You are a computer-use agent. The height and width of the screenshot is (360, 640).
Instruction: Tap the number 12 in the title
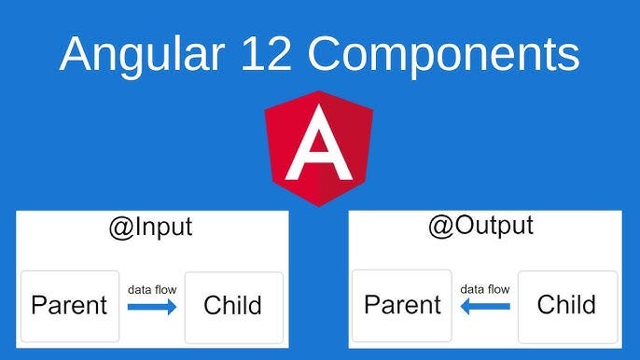click(x=266, y=54)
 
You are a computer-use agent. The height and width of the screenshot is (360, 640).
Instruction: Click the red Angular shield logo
click(x=319, y=148)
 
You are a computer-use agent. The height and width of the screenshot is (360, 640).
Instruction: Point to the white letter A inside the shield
click(x=319, y=143)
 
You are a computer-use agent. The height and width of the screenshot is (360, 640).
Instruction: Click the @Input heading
click(x=150, y=228)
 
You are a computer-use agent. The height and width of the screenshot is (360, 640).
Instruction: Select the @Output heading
click(x=480, y=226)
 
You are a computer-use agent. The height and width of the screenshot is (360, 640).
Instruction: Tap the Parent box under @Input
click(x=70, y=306)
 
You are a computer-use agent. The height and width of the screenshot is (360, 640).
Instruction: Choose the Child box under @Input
click(x=234, y=308)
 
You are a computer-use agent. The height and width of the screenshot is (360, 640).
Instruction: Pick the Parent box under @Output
click(x=402, y=306)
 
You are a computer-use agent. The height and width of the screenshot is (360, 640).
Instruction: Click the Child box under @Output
click(x=568, y=307)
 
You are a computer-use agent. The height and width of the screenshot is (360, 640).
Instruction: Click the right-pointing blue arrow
click(x=152, y=307)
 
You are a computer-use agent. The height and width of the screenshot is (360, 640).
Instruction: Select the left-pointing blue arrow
click(x=485, y=307)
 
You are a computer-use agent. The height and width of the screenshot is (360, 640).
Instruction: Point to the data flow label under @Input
click(x=152, y=290)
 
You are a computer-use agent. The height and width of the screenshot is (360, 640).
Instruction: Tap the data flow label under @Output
click(x=485, y=289)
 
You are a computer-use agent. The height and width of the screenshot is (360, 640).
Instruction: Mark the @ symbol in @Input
click(x=121, y=228)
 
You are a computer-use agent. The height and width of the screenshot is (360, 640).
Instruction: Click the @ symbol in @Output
click(x=440, y=227)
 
